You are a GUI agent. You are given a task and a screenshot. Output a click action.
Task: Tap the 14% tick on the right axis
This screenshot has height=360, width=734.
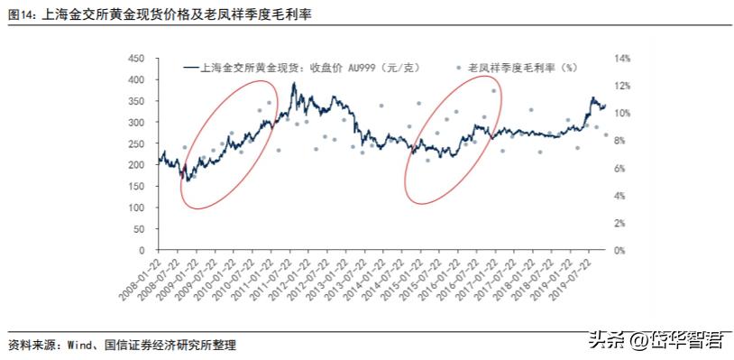pyautogui.click(x=623, y=58)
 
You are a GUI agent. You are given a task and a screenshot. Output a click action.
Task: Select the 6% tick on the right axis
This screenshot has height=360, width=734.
pyautogui.click(x=620, y=169)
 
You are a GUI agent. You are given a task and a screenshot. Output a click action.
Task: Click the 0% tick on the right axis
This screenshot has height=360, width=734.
pyautogui.click(x=620, y=251)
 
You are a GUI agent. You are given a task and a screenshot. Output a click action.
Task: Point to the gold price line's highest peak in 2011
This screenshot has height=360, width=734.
pyautogui.click(x=294, y=84)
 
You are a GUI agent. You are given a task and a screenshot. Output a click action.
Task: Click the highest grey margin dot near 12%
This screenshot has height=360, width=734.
pyautogui.click(x=493, y=90)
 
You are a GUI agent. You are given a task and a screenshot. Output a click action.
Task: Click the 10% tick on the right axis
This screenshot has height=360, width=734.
pyautogui.click(x=623, y=114)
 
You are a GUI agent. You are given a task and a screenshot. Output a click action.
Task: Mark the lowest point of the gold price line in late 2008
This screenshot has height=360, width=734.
pyautogui.click(x=187, y=181)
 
